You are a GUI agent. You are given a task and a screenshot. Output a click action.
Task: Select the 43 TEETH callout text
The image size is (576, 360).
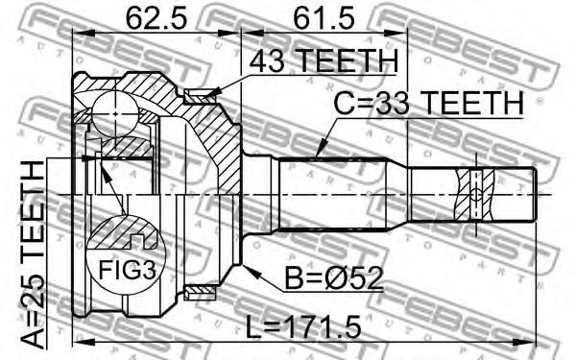click(x=324, y=61)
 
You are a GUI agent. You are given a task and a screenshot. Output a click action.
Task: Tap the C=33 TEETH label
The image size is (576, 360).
click(x=428, y=104)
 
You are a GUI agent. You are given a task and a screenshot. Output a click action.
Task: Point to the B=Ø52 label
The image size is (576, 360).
click(x=334, y=278)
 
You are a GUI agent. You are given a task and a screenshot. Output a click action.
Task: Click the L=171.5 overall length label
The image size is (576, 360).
click(x=303, y=327)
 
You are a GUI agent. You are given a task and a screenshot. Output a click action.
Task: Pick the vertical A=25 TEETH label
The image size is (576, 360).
click(x=33, y=254)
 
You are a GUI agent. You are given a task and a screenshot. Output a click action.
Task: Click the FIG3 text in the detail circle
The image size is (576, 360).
click(x=127, y=270)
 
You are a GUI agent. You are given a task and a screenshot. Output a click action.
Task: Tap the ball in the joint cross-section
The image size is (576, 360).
click(x=115, y=114)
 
